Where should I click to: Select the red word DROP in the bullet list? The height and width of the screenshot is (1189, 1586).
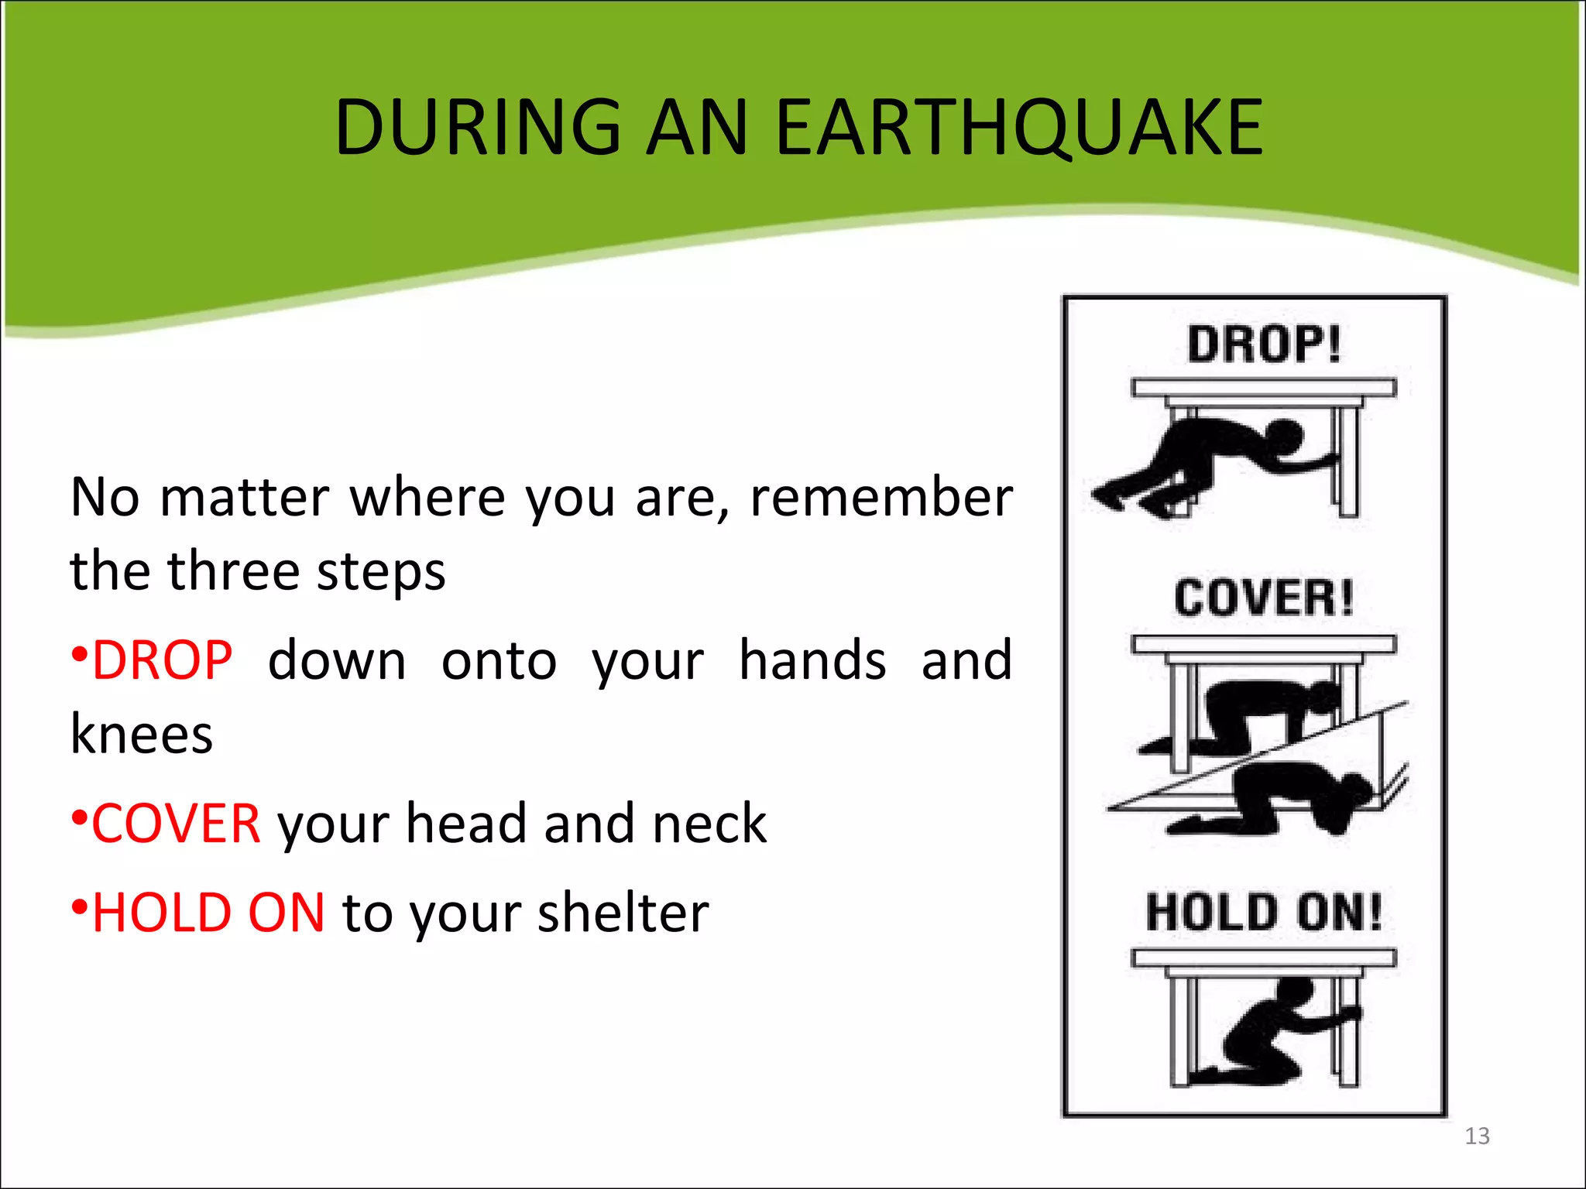pyautogui.click(x=162, y=661)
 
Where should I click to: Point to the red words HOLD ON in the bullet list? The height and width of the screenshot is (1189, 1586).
pyautogui.click(x=208, y=913)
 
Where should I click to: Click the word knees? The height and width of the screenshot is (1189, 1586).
pyautogui.click(x=142, y=734)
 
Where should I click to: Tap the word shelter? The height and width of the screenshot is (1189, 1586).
pyautogui.click(x=623, y=913)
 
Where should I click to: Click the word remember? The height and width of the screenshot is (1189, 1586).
pyautogui.click(x=881, y=497)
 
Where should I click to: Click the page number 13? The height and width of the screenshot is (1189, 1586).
pyautogui.click(x=1477, y=1136)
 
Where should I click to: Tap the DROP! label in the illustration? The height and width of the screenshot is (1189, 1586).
pyautogui.click(x=1263, y=344)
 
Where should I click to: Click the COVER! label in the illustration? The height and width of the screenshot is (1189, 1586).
pyautogui.click(x=1263, y=598)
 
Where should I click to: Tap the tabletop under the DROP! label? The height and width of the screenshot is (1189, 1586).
pyautogui.click(x=1263, y=387)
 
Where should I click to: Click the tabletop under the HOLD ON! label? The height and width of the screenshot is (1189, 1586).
pyautogui.click(x=1263, y=958)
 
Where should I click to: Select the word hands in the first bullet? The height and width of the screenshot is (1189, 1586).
pyautogui.click(x=812, y=661)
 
